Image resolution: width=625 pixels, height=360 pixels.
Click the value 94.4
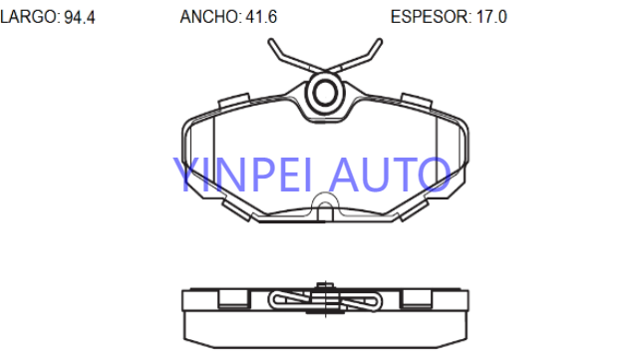pos(80,17)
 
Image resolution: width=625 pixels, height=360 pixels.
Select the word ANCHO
pos(210,17)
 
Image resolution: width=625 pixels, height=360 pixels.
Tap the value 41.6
pos(261,17)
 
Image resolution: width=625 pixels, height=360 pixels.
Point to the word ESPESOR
pos(431,17)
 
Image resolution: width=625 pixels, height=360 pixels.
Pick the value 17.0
pos(491,17)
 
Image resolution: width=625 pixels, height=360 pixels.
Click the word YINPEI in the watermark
pos(242,175)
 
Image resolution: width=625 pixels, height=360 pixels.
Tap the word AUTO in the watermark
pos(390,175)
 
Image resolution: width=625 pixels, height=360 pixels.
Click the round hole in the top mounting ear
pos(325,93)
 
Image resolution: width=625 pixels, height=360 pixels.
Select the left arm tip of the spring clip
pos(271,41)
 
